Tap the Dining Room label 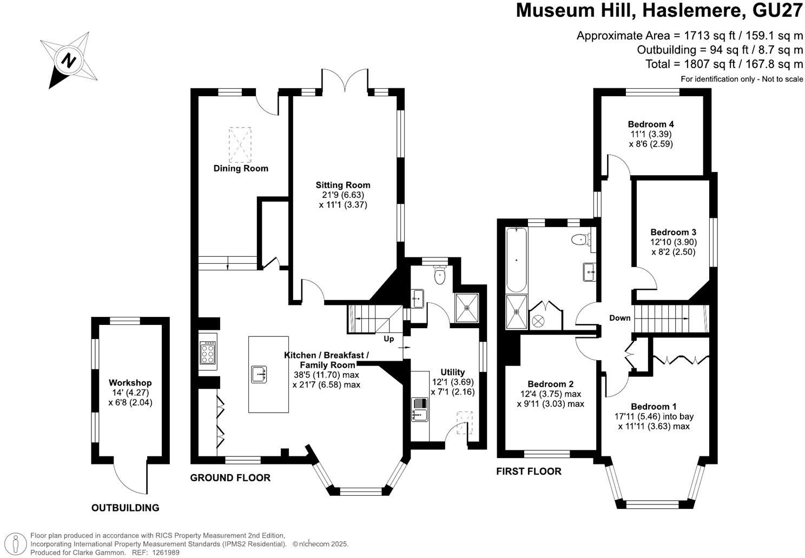[x=241, y=168]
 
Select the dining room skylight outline [x=240, y=145]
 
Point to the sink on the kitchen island [x=259, y=374]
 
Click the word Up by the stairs [x=389, y=338]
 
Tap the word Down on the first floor [x=620, y=318]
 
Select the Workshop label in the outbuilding [x=130, y=382]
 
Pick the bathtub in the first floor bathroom [x=517, y=260]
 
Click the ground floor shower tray [x=467, y=308]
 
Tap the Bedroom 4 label [x=651, y=124]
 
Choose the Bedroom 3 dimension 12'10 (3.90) [x=674, y=242]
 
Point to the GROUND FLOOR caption [x=230, y=477]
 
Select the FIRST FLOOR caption [x=529, y=471]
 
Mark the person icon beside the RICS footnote [x=15, y=544]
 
